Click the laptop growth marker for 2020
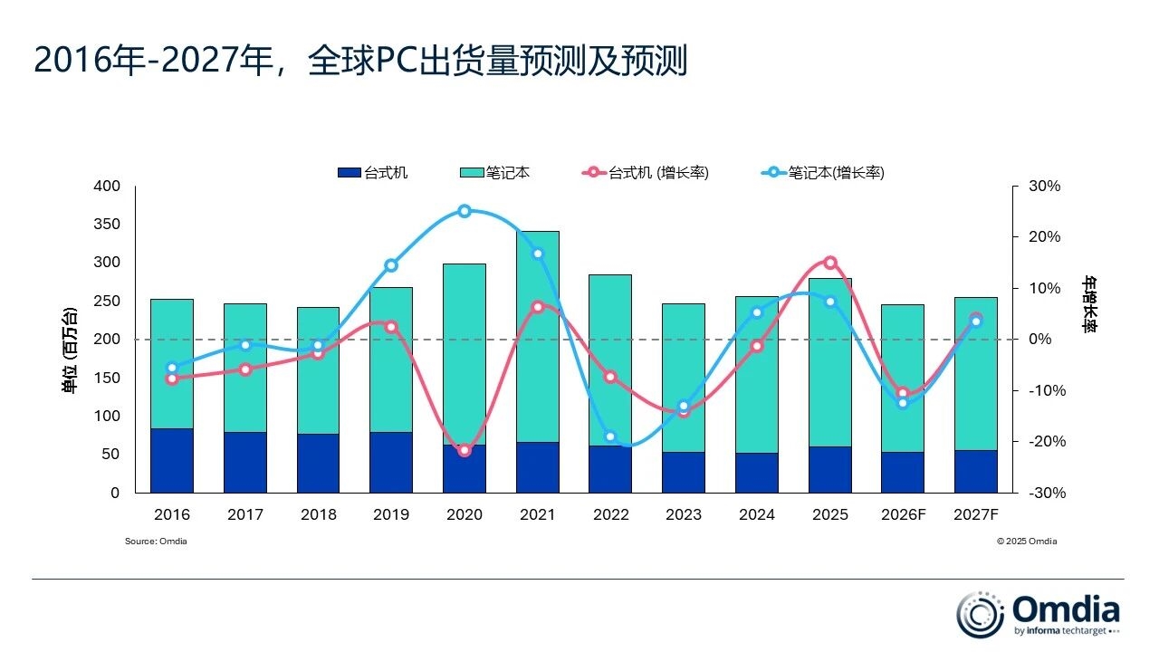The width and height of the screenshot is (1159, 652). pos(465,211)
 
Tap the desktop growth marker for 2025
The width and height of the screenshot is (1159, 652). pos(830,263)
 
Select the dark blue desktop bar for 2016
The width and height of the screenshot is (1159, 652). pos(172,460)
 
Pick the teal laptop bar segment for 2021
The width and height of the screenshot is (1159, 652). pos(538,336)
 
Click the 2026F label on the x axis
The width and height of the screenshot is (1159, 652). pos(903,515)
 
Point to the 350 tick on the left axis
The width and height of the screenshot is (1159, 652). pos(107,225)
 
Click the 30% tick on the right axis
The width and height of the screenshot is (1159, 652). pos(1044,187)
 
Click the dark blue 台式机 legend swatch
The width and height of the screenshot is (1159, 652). pos(349,173)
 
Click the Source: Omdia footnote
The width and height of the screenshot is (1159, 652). pos(156,542)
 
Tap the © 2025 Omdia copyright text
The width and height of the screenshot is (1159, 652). pos(1027,542)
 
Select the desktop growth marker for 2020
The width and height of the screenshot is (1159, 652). pos(465,450)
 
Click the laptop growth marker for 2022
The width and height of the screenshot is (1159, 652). pos(611,436)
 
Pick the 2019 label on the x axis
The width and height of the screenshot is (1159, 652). pos(391,515)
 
